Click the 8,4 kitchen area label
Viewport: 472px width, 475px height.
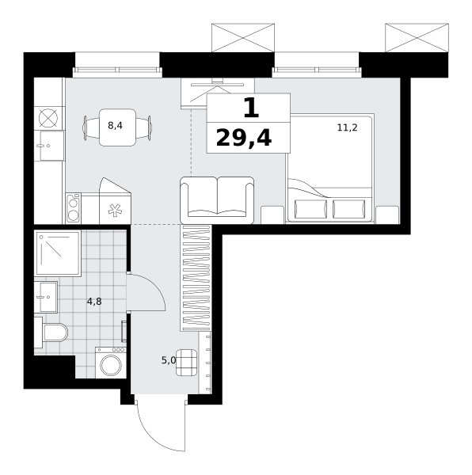[115, 125]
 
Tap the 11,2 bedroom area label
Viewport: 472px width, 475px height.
[347, 127]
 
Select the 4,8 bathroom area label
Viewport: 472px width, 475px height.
[94, 302]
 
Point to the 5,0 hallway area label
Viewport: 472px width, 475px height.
[169, 360]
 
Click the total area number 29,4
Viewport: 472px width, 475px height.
[244, 138]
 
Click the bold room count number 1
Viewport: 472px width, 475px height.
[251, 108]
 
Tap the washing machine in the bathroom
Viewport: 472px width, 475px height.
[111, 363]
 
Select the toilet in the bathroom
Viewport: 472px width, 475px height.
[51, 332]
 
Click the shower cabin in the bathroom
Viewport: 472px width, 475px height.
[58, 253]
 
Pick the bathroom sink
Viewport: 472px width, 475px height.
[46, 297]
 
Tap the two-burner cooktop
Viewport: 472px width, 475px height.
[74, 209]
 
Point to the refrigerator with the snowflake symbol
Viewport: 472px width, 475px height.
[115, 201]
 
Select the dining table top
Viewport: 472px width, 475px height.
[117, 127]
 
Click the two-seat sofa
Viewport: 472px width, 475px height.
[217, 200]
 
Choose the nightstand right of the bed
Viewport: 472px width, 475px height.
[387, 215]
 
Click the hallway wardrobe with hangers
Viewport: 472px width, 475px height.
[196, 278]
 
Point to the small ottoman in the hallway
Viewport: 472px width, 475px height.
[186, 363]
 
